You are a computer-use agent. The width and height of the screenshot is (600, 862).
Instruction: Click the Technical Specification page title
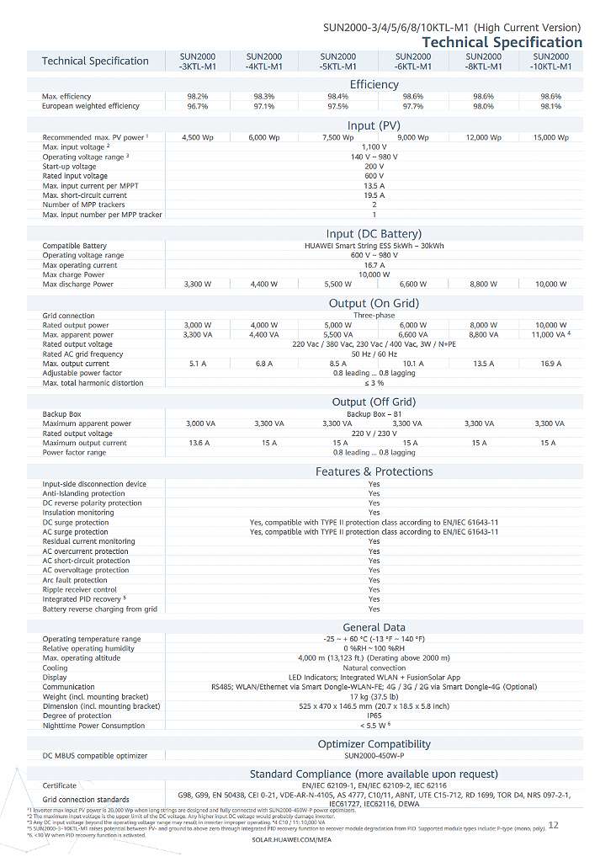click(x=502, y=42)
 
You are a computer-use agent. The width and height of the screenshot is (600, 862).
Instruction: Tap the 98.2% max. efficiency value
click(x=198, y=97)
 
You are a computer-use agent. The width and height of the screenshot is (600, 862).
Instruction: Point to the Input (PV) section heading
click(x=374, y=126)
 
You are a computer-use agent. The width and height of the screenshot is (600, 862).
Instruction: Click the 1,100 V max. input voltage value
click(x=374, y=147)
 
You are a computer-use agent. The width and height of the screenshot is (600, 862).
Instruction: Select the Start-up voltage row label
click(x=70, y=167)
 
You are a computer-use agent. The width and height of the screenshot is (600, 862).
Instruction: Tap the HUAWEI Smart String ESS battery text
click(x=374, y=246)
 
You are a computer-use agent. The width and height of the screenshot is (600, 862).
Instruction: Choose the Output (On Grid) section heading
click(x=374, y=303)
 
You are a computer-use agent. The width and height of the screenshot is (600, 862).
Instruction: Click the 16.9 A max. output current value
click(x=550, y=364)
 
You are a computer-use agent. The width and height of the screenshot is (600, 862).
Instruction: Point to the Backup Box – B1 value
click(x=374, y=414)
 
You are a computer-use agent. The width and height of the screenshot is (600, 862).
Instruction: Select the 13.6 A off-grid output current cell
click(x=199, y=443)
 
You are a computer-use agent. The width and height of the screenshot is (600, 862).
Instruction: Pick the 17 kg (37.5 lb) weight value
click(x=374, y=696)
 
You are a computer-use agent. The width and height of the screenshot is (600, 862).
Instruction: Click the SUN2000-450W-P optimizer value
click(x=374, y=756)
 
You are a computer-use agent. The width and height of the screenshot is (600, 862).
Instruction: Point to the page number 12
click(x=553, y=826)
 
